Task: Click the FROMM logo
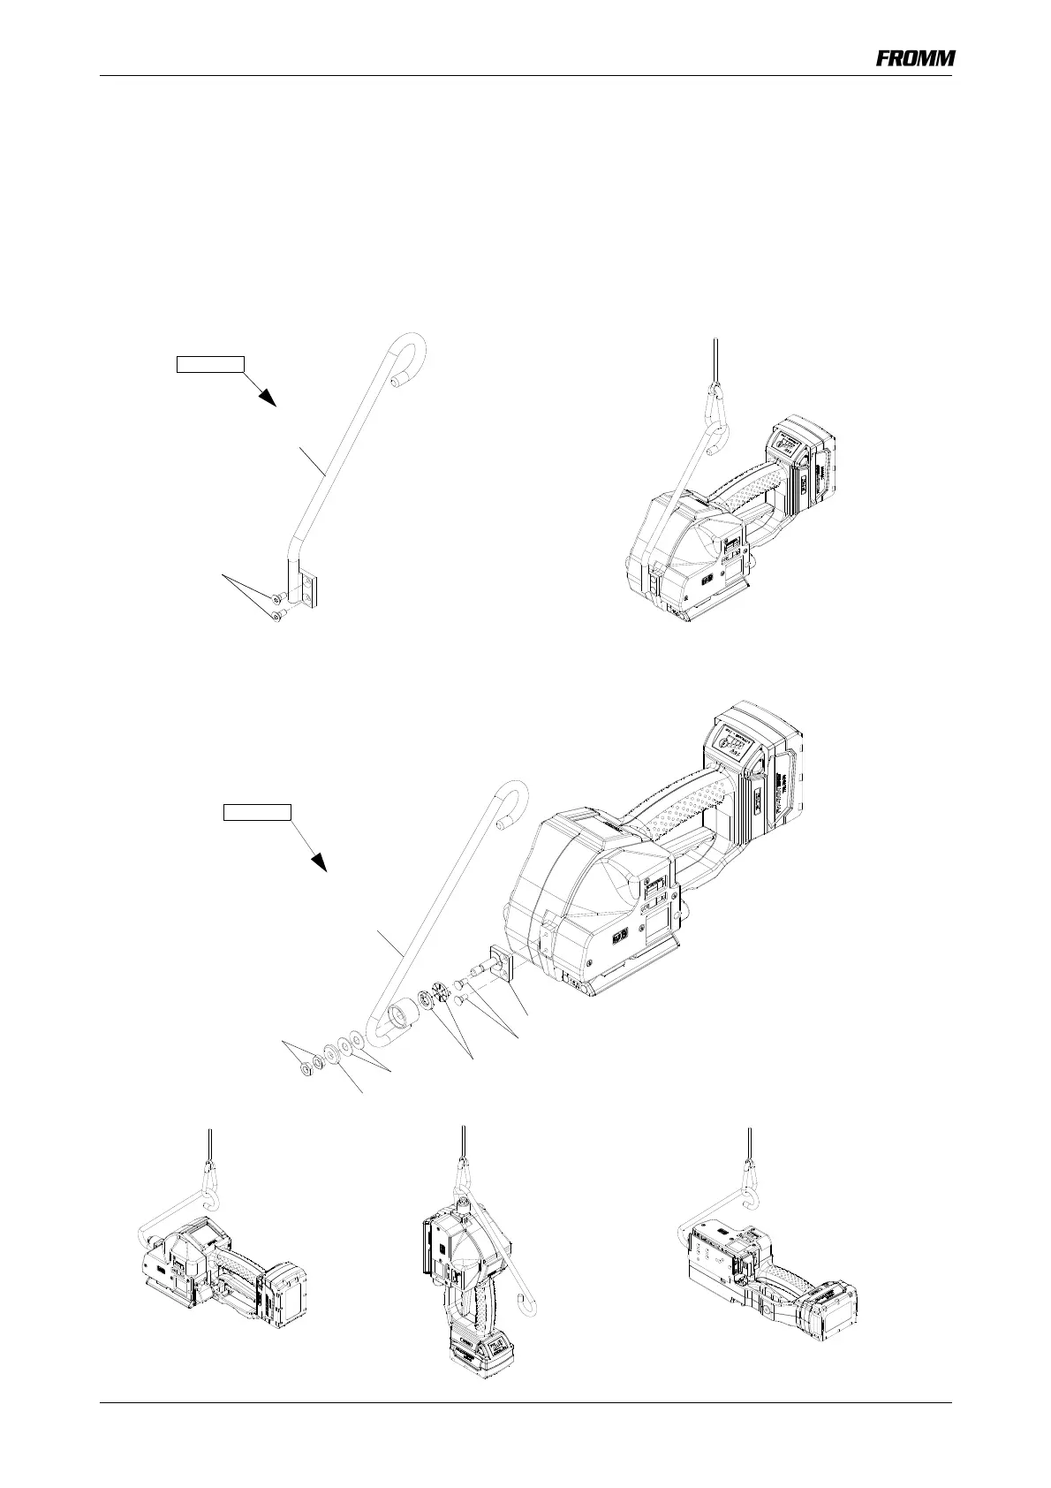click(915, 58)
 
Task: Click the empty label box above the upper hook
click(209, 362)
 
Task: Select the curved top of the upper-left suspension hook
click(410, 346)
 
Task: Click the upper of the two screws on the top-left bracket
click(277, 597)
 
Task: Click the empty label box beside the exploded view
click(256, 812)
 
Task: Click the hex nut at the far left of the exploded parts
click(305, 1072)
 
